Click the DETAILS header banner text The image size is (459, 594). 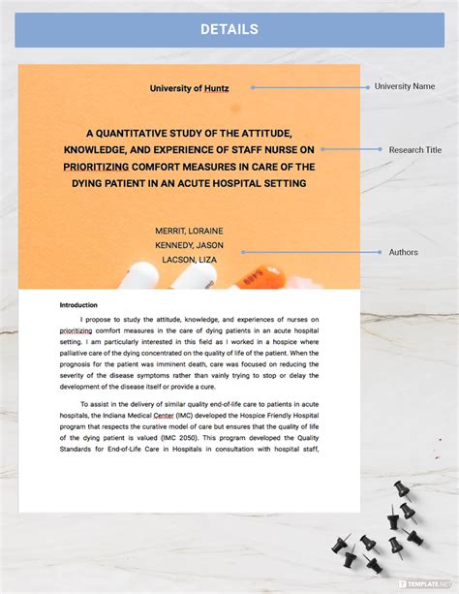coord(229,29)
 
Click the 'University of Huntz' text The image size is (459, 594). coord(189,88)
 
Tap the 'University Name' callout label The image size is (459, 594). coord(405,86)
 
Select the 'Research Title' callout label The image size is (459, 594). coord(414,150)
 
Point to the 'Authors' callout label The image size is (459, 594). coord(404,252)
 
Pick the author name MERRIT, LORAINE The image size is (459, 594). coord(189,231)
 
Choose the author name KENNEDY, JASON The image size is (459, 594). coord(189,245)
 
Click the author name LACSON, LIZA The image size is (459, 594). coord(189,260)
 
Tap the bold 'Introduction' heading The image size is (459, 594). coord(79,304)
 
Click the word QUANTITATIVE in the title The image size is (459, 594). coord(150,132)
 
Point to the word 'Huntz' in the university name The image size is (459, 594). coord(217,88)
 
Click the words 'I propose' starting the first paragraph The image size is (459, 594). coord(100,319)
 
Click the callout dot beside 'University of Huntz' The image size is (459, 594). coord(253,87)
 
